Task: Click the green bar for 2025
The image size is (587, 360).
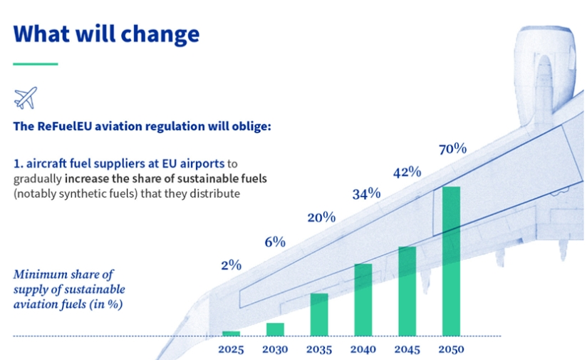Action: [231, 333]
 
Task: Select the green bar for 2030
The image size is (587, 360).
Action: [275, 329]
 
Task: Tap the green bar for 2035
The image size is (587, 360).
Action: [319, 314]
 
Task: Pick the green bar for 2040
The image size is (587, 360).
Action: [363, 299]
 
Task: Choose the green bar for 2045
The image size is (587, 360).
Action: [407, 291]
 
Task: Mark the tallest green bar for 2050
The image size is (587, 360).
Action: [451, 261]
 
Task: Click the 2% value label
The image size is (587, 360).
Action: [231, 265]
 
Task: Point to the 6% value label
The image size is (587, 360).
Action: [275, 242]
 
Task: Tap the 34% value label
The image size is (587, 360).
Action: [366, 193]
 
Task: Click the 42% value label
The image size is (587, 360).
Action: [407, 172]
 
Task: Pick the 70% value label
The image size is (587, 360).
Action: [452, 149]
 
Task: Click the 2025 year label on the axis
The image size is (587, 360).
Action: [231, 349]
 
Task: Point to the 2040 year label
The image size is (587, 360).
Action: [363, 349]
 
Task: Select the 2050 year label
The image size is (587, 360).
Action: [451, 349]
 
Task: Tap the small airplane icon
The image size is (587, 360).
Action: [25, 97]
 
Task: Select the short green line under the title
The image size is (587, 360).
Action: [35, 64]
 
